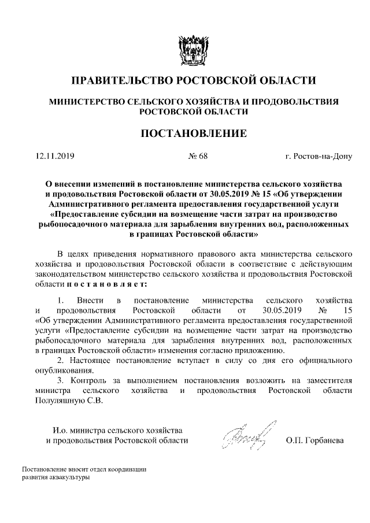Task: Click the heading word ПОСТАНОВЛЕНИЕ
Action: point(194,134)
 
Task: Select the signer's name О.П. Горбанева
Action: point(314,440)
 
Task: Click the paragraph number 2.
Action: point(60,360)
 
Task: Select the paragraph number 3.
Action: point(60,381)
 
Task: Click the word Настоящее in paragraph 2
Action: point(90,360)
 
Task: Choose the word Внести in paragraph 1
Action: point(88,301)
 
